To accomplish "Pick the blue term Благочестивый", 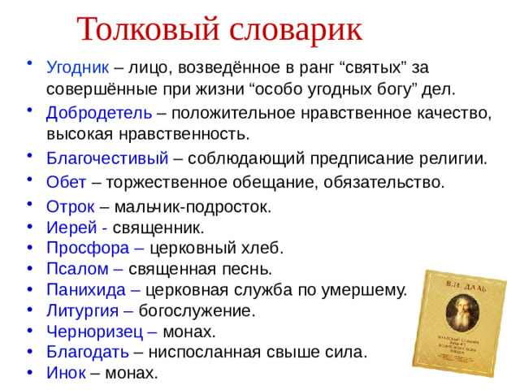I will click(107, 158).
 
